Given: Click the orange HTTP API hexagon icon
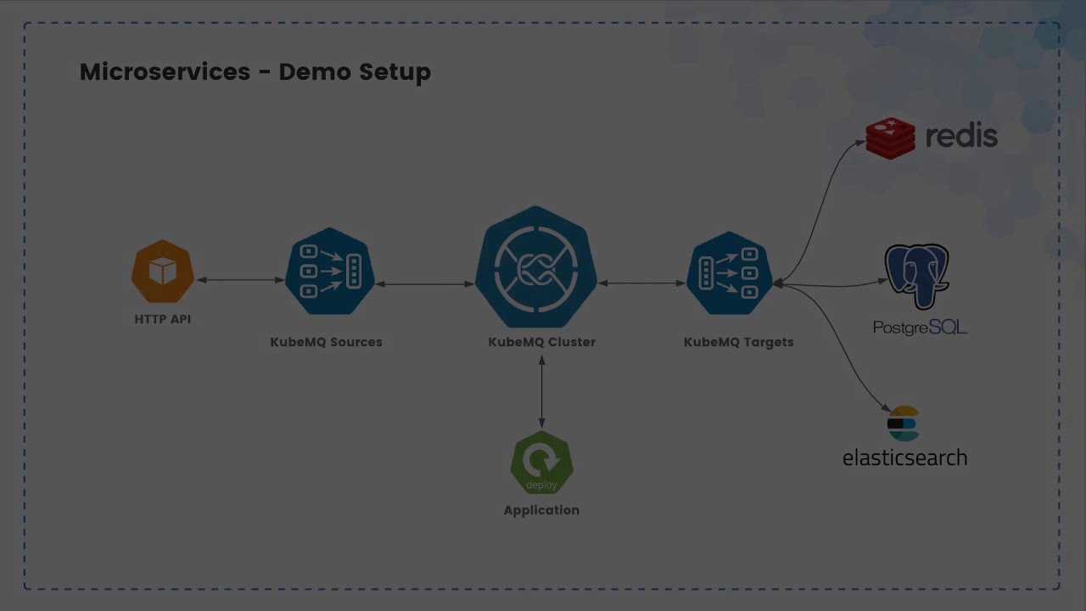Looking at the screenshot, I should pyautogui.click(x=163, y=272).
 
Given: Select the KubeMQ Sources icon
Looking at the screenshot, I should pyautogui.click(x=330, y=271).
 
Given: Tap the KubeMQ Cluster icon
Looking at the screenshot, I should pyautogui.click(x=536, y=267).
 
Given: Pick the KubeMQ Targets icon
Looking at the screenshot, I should pyautogui.click(x=730, y=272).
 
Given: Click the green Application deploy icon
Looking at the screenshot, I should pyautogui.click(x=541, y=463).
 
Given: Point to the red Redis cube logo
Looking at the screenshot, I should pyautogui.click(x=890, y=138).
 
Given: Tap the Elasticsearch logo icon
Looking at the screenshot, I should pyautogui.click(x=904, y=424).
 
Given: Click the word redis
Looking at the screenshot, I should pyautogui.click(x=961, y=137).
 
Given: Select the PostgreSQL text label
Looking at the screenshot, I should pyautogui.click(x=920, y=328).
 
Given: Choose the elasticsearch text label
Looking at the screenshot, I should pyautogui.click(x=904, y=457).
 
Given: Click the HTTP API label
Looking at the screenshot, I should pyautogui.click(x=163, y=319).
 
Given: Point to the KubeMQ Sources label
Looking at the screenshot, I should pyautogui.click(x=326, y=342).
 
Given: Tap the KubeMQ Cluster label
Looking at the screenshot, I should pyautogui.click(x=541, y=342).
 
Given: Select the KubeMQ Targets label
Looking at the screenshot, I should pyautogui.click(x=738, y=342).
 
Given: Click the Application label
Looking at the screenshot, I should pyautogui.click(x=541, y=510).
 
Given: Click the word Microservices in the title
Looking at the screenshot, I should pyautogui.click(x=165, y=72).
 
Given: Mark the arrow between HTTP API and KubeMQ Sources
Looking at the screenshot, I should pyautogui.click(x=241, y=279).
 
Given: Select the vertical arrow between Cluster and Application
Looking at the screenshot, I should pyautogui.click(x=541, y=391).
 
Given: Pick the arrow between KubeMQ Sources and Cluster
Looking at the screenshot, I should pyautogui.click(x=424, y=283).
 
